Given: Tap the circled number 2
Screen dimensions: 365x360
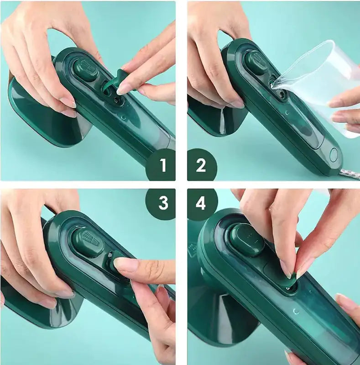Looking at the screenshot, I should point(201,165).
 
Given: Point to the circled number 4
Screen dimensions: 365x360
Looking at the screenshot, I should point(201,204).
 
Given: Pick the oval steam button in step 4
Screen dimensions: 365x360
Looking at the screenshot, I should point(247,239).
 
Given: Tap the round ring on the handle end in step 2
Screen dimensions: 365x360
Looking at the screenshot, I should point(335,153).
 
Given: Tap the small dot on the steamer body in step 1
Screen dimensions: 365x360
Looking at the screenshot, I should point(123,117).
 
